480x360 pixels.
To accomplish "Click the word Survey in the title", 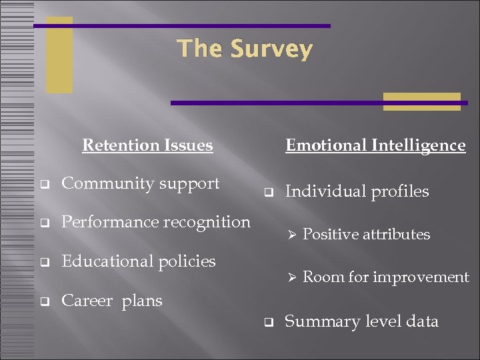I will tap(271, 49).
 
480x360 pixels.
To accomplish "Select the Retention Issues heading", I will tap(147, 145).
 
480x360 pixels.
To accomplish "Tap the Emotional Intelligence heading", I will tap(375, 145).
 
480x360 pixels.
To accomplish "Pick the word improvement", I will tap(427, 277).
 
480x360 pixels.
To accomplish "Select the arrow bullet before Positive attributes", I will tap(290, 235).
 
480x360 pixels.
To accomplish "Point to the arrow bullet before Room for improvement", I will tap(290, 277).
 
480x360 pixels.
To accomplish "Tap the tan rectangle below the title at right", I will tap(421, 101).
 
